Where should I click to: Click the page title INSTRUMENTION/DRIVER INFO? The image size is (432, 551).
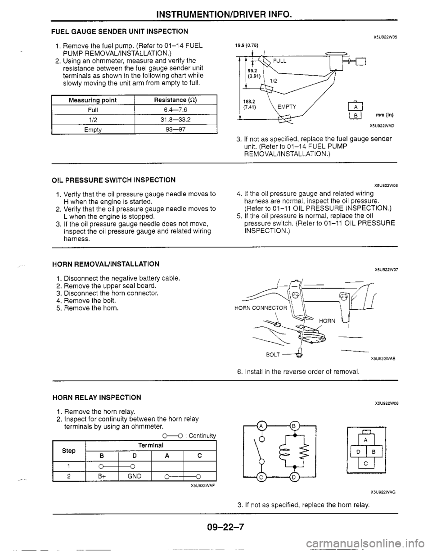223,7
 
